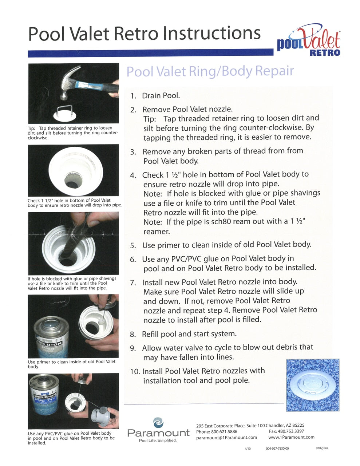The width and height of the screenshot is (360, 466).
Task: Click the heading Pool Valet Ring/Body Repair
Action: pyautogui.click(x=210, y=71)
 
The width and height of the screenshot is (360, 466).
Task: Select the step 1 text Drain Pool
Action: pyautogui.click(x=161, y=96)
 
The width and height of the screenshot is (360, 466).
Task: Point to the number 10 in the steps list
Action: pyautogui.click(x=135, y=372)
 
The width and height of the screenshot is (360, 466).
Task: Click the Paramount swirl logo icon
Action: pyautogui.click(x=158, y=423)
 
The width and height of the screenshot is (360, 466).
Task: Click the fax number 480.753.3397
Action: pyautogui.click(x=291, y=431)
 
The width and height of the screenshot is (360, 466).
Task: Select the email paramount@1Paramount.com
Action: pyautogui.click(x=226, y=438)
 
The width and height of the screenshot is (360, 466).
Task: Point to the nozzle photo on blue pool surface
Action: pyautogui.click(x=313, y=385)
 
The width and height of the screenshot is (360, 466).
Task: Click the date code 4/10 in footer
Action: pyautogui.click(x=248, y=449)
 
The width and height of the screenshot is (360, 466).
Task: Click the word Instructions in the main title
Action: pyautogui.click(x=211, y=33)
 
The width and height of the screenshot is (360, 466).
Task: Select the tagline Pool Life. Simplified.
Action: pyautogui.click(x=158, y=441)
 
